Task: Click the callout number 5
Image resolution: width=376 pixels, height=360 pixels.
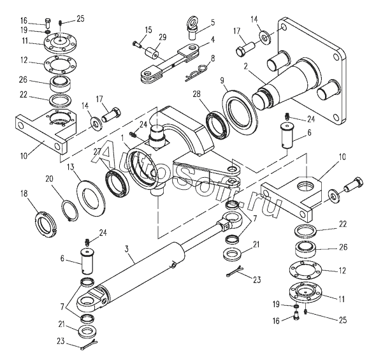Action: (212, 22)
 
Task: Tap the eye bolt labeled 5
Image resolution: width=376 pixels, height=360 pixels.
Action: (192, 28)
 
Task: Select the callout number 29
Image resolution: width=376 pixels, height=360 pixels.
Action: (163, 38)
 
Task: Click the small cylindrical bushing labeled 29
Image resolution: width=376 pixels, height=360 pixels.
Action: (152, 54)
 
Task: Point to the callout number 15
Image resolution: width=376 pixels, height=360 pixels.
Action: (148, 30)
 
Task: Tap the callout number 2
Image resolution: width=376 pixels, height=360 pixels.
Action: (246, 66)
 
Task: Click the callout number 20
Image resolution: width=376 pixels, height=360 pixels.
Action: (50, 179)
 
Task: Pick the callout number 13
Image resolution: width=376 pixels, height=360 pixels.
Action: (70, 167)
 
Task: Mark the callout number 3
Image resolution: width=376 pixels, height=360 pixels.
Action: (127, 248)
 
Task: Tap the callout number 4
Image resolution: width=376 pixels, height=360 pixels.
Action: (212, 40)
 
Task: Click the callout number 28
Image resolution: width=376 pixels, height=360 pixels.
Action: (197, 94)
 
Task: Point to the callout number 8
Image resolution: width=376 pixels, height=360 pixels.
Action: (212, 58)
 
